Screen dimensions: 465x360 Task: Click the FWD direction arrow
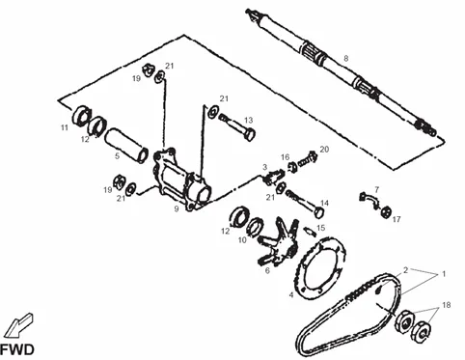point(18,325)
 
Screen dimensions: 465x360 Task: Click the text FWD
point(16,350)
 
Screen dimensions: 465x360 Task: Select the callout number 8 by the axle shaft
point(346,59)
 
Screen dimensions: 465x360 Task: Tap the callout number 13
point(249,121)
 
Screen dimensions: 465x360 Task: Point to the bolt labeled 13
point(237,126)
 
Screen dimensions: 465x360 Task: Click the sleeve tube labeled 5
point(126,146)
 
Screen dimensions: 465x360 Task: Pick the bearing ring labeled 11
point(79,115)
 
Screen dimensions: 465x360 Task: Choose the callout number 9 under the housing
point(177,208)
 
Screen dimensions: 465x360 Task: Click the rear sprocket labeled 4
point(320,268)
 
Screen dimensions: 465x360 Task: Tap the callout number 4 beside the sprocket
point(291,294)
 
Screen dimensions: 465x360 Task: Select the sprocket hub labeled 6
point(278,243)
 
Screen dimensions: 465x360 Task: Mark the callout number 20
point(324,150)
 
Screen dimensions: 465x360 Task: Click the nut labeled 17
point(386,212)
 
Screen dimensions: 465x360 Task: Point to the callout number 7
point(376,190)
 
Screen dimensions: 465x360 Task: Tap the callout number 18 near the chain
point(447,305)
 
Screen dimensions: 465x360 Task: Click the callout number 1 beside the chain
point(444,274)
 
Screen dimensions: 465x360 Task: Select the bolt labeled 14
point(305,204)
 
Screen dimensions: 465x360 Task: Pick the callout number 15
point(320,228)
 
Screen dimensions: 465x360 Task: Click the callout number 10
point(242,240)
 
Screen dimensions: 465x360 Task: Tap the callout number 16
point(286,157)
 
